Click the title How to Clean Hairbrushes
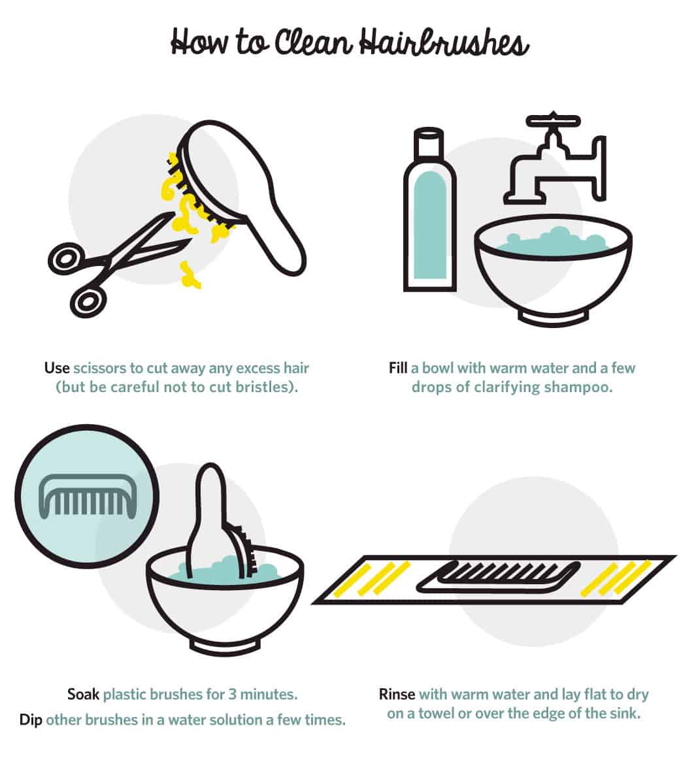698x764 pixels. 349,42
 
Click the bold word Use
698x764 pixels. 57,368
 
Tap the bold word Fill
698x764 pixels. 397,368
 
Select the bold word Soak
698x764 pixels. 83,693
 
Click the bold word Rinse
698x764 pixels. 397,693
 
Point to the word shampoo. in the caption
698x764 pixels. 579,387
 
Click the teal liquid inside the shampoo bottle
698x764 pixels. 429,222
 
